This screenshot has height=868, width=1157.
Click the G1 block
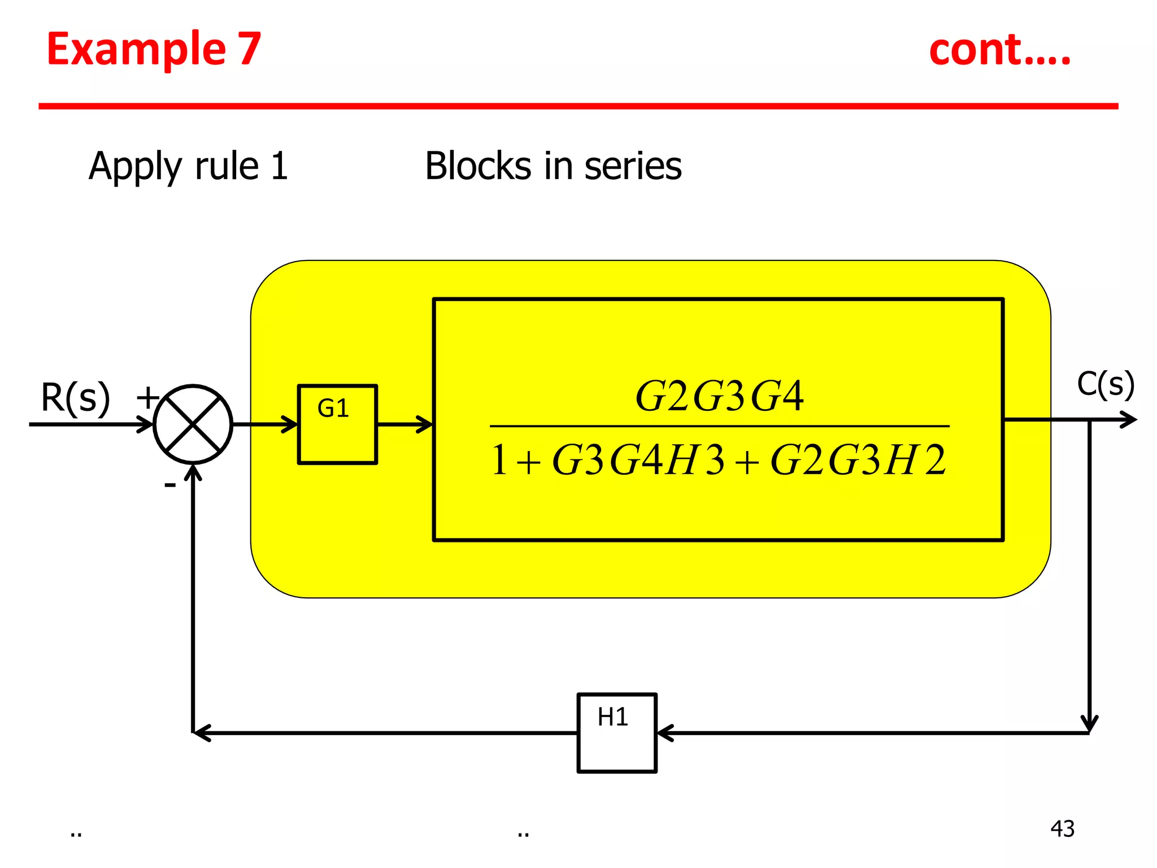click(x=337, y=424)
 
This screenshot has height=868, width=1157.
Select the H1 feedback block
click(x=616, y=732)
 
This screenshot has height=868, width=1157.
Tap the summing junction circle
click(x=193, y=424)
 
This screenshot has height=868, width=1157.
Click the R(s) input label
click(x=75, y=398)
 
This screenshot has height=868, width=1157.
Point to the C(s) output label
click(x=1105, y=385)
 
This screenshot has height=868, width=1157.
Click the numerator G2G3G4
click(x=719, y=396)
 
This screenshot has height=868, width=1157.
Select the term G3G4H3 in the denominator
click(x=638, y=460)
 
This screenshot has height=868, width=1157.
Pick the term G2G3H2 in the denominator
click(x=857, y=460)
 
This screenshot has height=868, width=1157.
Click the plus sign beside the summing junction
click(x=147, y=397)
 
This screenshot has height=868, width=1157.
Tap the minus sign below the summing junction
click(x=169, y=485)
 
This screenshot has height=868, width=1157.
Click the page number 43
click(x=1062, y=828)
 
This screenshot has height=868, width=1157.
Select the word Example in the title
click(x=136, y=50)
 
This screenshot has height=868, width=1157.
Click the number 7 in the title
click(x=249, y=50)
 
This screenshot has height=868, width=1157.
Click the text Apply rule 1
click(x=188, y=166)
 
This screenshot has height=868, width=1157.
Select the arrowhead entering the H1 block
click(x=666, y=733)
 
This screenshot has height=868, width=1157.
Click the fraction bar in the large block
click(x=719, y=426)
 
